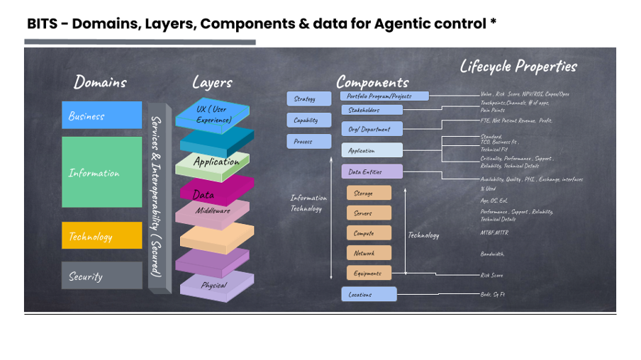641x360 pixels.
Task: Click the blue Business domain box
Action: (x=101, y=116)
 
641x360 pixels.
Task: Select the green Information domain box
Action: (x=101, y=172)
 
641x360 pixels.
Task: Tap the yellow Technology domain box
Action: (x=101, y=236)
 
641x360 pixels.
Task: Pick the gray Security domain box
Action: (x=101, y=276)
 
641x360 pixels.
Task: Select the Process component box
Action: (x=309, y=141)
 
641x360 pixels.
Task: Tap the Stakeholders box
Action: (x=372, y=110)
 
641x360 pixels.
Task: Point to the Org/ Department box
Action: (x=372, y=128)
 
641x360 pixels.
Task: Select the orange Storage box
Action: (x=369, y=193)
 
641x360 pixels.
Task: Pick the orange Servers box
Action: (x=369, y=213)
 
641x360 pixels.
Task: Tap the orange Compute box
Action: (x=369, y=232)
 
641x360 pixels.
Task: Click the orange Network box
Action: (x=369, y=252)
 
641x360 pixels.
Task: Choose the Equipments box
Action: (x=369, y=273)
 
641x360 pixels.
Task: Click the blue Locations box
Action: (x=369, y=294)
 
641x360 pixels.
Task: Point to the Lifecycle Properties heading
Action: (x=518, y=67)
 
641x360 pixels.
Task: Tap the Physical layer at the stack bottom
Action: (x=214, y=286)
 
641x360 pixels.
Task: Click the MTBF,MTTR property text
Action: (x=494, y=232)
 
